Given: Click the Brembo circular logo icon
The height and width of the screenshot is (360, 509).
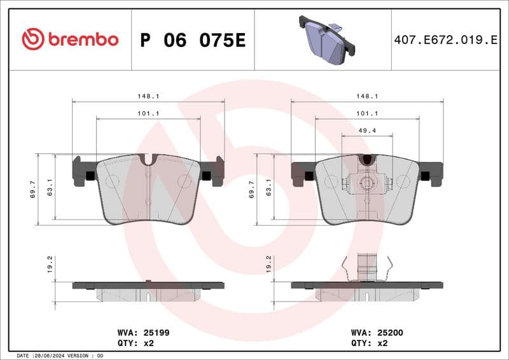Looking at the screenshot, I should coord(32,39).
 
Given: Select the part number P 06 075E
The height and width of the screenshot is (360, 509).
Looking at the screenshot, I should coord(192,40).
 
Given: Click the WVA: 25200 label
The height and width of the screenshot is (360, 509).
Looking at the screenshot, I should coord(377,332).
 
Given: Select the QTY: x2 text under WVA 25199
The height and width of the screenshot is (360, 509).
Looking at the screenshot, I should coord(136,343).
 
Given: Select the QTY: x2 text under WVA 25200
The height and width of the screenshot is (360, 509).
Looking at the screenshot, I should coord(370,343).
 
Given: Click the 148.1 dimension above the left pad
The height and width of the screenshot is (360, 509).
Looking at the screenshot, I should coord(148,96).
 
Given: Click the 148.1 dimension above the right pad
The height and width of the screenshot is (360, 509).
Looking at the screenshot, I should coord(367,96).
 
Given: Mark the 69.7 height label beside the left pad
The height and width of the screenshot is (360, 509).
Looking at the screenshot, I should coord(33,189).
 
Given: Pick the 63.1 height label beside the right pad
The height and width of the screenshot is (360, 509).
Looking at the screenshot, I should coord(269,189).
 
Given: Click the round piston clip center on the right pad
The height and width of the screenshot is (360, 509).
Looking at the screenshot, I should coord(366,184).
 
